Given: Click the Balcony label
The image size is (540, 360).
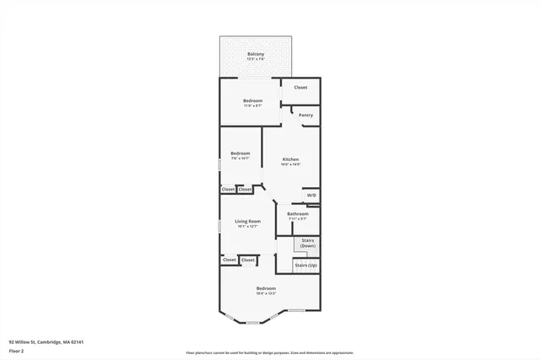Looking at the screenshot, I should [255, 54].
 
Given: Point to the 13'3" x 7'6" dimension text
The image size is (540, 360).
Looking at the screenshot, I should [255, 59].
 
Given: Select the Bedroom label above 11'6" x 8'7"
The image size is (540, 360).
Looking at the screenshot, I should [253, 100].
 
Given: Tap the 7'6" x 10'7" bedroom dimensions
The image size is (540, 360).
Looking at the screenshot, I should [240, 159].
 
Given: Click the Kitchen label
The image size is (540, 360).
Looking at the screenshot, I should [290, 159].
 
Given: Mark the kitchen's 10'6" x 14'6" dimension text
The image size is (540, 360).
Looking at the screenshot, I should [290, 164].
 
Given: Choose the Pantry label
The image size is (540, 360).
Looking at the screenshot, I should [305, 115].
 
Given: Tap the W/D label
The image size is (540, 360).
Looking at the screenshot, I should [311, 196].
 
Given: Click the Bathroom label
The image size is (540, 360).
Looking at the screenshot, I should [297, 213].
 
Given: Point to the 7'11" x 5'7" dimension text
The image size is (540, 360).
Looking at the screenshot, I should [297, 218].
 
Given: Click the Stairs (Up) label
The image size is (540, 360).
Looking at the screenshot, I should [305, 266].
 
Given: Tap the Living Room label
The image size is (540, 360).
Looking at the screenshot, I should [247, 221].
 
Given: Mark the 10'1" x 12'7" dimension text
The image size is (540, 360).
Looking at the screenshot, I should [247, 226].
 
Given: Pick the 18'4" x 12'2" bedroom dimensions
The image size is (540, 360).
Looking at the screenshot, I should [266, 293].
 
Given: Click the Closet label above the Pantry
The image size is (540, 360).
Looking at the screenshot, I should [300, 87].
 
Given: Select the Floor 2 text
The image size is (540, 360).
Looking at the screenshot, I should [17, 351].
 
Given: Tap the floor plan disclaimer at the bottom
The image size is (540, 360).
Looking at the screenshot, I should [269, 352].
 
